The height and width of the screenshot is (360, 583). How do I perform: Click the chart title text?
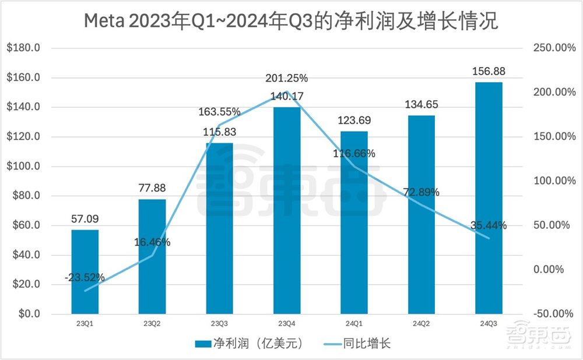tap(291, 22)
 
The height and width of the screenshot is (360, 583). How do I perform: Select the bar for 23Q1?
tap(85, 271)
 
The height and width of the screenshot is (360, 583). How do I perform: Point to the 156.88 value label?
tap(489, 72)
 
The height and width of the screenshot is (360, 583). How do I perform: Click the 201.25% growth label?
tap(287, 79)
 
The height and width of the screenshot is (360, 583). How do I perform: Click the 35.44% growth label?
tap(489, 225)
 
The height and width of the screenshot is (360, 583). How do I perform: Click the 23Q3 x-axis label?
tap(220, 324)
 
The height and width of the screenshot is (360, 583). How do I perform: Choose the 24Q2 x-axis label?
tap(422, 324)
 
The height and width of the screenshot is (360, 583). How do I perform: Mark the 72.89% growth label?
tap(422, 192)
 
